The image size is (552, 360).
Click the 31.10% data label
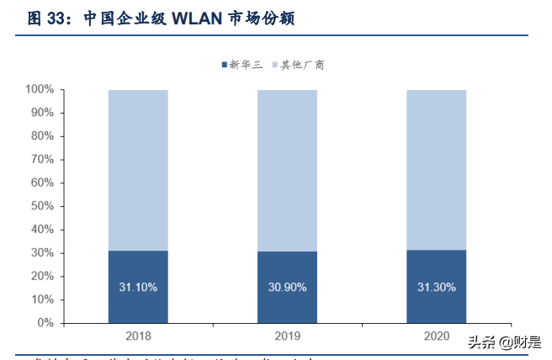pos(138,287)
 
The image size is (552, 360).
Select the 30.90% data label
pos(287,287)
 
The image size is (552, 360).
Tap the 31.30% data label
pos(436,287)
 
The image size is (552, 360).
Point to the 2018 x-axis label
pos(138,336)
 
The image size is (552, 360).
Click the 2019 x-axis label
pos(287,336)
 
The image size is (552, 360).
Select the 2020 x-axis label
pos(436,336)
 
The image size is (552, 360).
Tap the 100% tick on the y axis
pos(40,89)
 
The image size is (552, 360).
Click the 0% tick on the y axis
pos(45,323)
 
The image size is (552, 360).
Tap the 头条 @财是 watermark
pos(503,342)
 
